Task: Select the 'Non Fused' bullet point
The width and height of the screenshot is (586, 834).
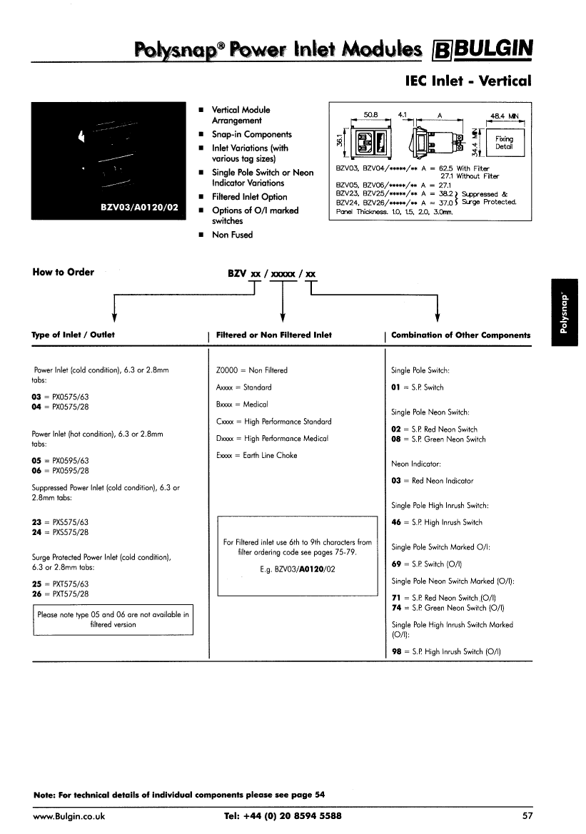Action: click(232, 235)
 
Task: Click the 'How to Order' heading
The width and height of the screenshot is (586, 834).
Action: click(64, 272)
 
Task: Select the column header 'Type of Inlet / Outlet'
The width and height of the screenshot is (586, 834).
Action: click(73, 335)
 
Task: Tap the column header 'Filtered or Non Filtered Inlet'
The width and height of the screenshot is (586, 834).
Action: click(273, 335)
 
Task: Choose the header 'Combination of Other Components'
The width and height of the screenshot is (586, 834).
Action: click(460, 335)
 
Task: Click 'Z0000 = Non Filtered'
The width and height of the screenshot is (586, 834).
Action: click(251, 370)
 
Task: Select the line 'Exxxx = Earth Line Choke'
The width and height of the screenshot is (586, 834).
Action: click(256, 455)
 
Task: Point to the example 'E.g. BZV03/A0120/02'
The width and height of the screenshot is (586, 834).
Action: click(298, 569)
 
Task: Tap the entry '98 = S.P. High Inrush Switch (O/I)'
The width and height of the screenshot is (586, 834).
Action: click(446, 651)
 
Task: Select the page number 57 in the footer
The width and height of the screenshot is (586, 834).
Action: click(527, 815)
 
